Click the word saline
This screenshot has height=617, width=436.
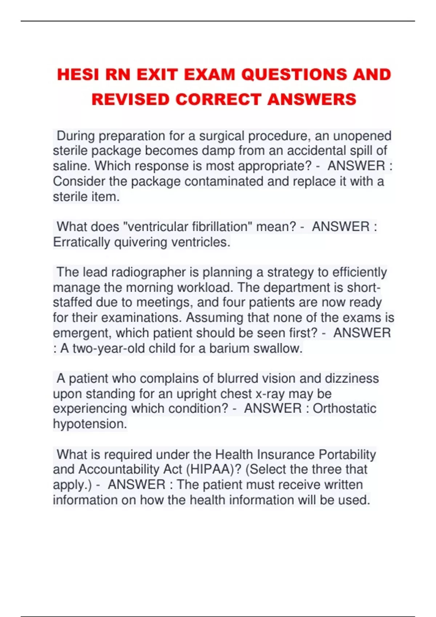[72, 166]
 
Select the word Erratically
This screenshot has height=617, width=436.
[81, 242]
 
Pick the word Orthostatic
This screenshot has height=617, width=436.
[344, 409]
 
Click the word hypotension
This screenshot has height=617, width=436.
[90, 424]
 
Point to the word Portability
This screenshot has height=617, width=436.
[347, 454]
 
